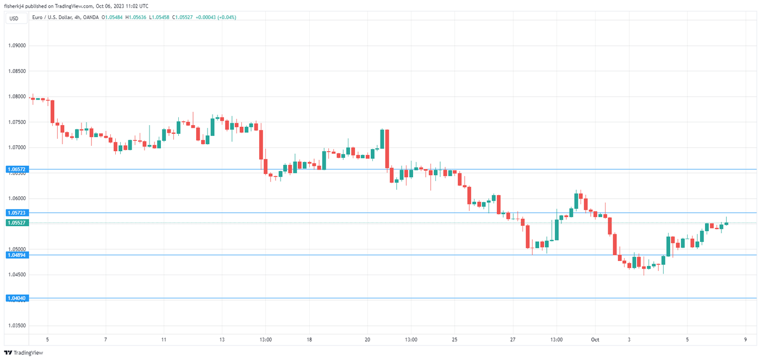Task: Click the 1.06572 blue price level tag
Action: coord(16,170)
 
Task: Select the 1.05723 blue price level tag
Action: coord(16,213)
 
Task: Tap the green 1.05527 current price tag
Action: coord(16,222)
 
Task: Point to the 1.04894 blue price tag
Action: coord(16,255)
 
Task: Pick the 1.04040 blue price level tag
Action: coord(16,298)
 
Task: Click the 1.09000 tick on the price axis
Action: coord(16,46)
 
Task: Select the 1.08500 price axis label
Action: coord(16,71)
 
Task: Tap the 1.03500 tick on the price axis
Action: coord(16,325)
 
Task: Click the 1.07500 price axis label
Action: coord(16,122)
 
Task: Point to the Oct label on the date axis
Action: coord(595,340)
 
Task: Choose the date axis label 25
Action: coord(454,340)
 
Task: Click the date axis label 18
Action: coord(309,340)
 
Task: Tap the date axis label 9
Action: coord(746,340)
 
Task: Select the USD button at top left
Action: coord(14,18)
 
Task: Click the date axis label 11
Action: coord(163,340)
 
